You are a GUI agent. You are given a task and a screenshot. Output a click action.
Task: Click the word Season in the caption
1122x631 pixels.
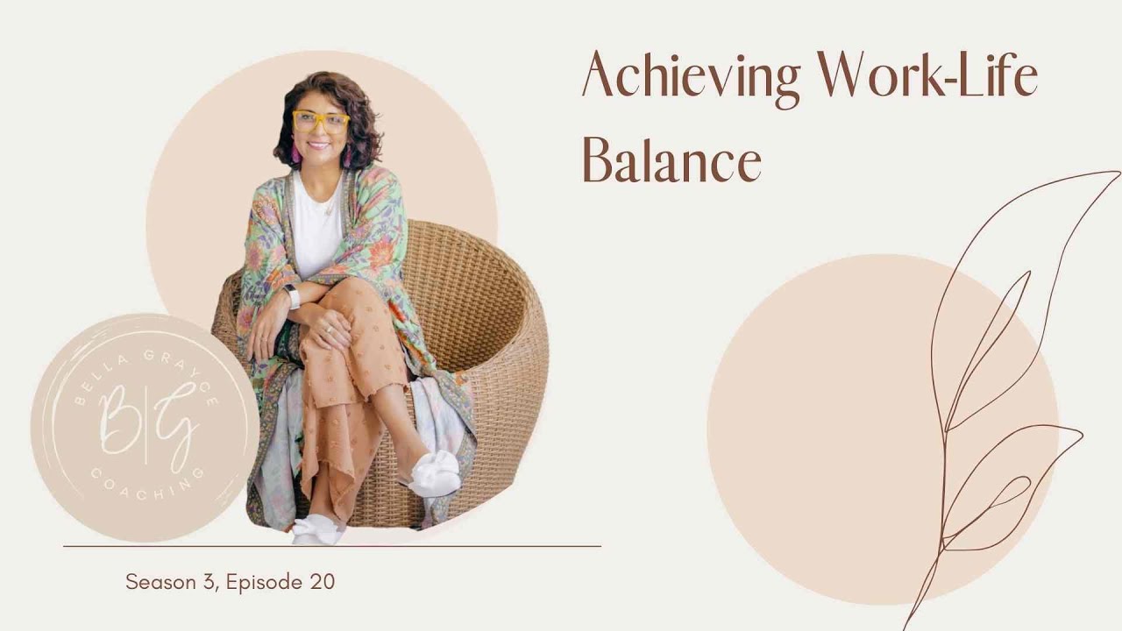tap(159, 582)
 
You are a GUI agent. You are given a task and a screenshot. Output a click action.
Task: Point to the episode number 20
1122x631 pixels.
tap(321, 582)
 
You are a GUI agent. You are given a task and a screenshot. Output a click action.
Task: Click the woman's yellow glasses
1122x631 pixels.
tap(320, 121)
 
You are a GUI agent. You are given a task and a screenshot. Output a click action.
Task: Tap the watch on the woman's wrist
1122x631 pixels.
tap(292, 296)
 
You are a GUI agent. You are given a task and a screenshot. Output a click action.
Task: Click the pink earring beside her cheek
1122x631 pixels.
tap(295, 155)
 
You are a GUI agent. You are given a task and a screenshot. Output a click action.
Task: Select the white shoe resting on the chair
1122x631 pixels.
tap(436, 474)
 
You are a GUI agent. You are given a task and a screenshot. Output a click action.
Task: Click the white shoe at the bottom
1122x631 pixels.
tap(316, 530)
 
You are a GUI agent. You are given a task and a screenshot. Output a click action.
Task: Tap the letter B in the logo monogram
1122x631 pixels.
tap(118, 412)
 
